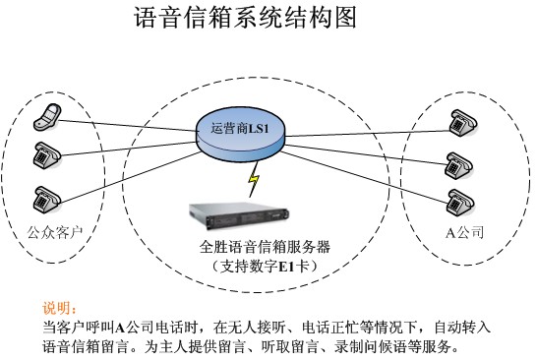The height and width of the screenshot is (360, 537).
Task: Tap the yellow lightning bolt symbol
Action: pos(254,180)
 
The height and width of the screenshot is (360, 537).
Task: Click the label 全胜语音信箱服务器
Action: pos(264,248)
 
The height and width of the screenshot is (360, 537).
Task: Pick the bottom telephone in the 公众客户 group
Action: pos(45,197)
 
